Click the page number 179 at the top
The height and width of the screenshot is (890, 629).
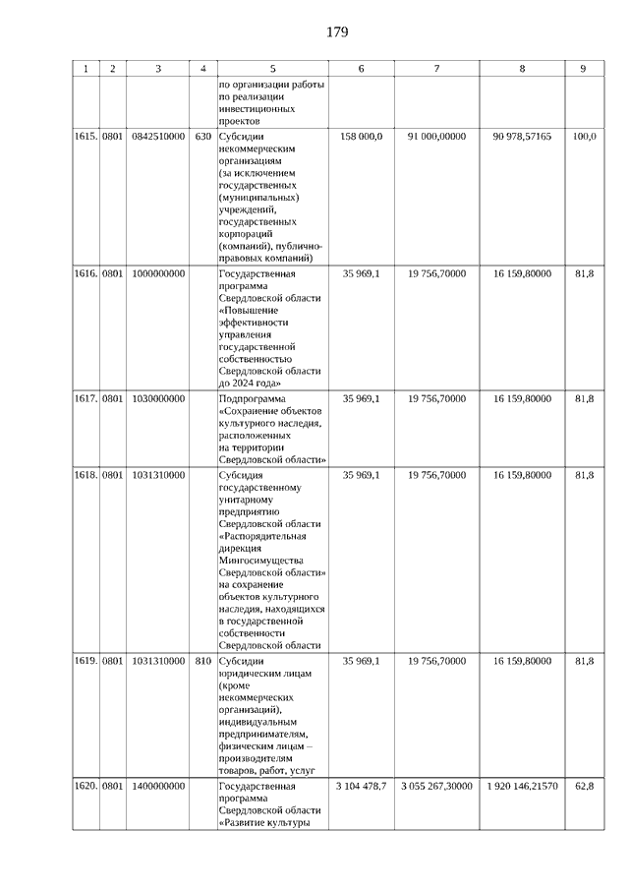tap(337, 32)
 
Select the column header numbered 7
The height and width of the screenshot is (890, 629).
tap(436, 69)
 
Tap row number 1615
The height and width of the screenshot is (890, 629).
tap(86, 137)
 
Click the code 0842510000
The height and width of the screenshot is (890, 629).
tap(157, 137)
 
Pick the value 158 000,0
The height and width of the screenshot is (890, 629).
tap(362, 137)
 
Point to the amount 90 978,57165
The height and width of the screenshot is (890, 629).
tap(522, 137)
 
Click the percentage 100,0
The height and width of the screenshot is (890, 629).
tap(584, 137)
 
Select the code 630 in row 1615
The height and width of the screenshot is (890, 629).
tap(203, 137)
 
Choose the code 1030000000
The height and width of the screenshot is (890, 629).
tap(157, 399)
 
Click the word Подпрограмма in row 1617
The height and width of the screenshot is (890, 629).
tap(252, 399)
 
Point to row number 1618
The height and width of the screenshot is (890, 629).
tap(86, 475)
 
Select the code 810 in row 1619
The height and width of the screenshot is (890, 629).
tap(203, 661)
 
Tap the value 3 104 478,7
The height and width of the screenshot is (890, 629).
tap(362, 787)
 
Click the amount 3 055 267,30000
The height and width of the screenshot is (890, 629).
tap(436, 787)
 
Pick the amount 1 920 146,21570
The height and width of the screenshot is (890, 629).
tap(522, 787)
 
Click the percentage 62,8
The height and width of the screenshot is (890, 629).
tap(584, 787)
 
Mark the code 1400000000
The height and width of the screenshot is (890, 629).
tap(157, 787)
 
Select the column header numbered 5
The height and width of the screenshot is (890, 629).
tap(272, 69)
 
